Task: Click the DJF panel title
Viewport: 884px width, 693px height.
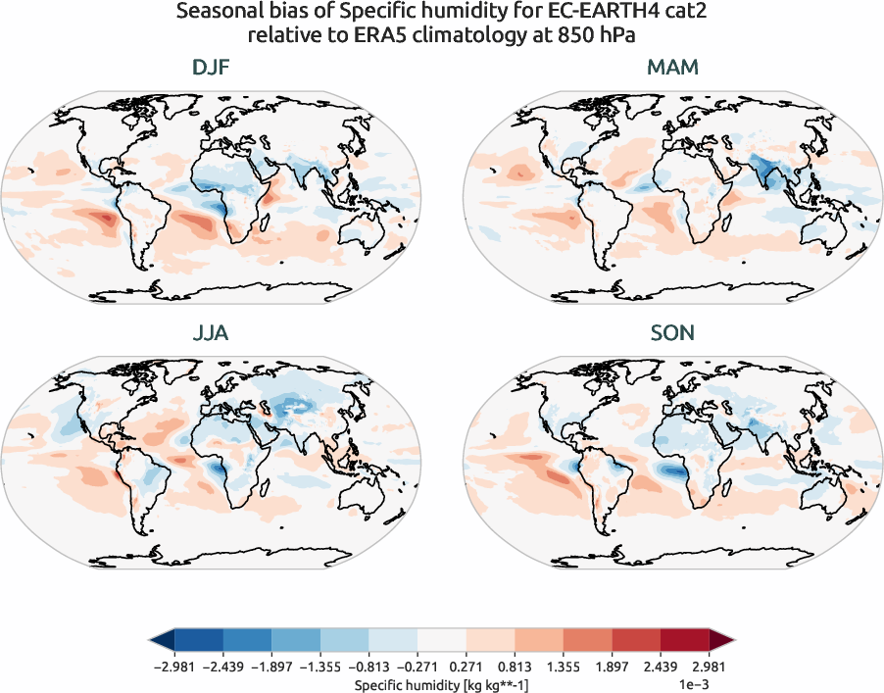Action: [x=212, y=69]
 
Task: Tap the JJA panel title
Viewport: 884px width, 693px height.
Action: [x=212, y=334]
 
